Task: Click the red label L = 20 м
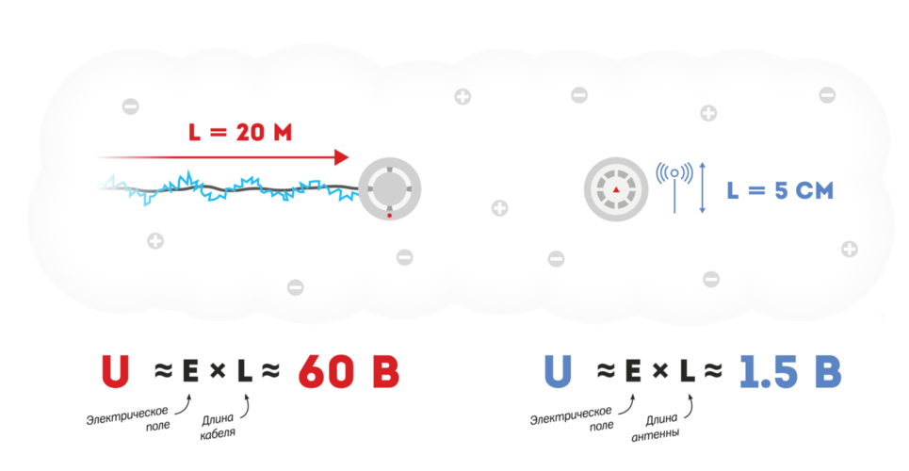240,133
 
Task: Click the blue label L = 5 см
780,191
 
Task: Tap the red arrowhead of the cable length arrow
341,157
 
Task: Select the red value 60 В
349,370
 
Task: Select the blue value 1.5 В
789,370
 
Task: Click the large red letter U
115,370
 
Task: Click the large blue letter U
558,370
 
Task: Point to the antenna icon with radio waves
674,186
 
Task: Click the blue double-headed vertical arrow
703,188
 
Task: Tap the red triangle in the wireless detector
616,189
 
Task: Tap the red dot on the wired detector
390,215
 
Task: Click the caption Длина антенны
657,427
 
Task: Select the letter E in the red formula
190,370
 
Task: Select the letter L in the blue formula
687,370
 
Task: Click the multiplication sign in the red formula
218,371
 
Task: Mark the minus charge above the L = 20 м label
130,106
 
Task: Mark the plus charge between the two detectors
500,207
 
